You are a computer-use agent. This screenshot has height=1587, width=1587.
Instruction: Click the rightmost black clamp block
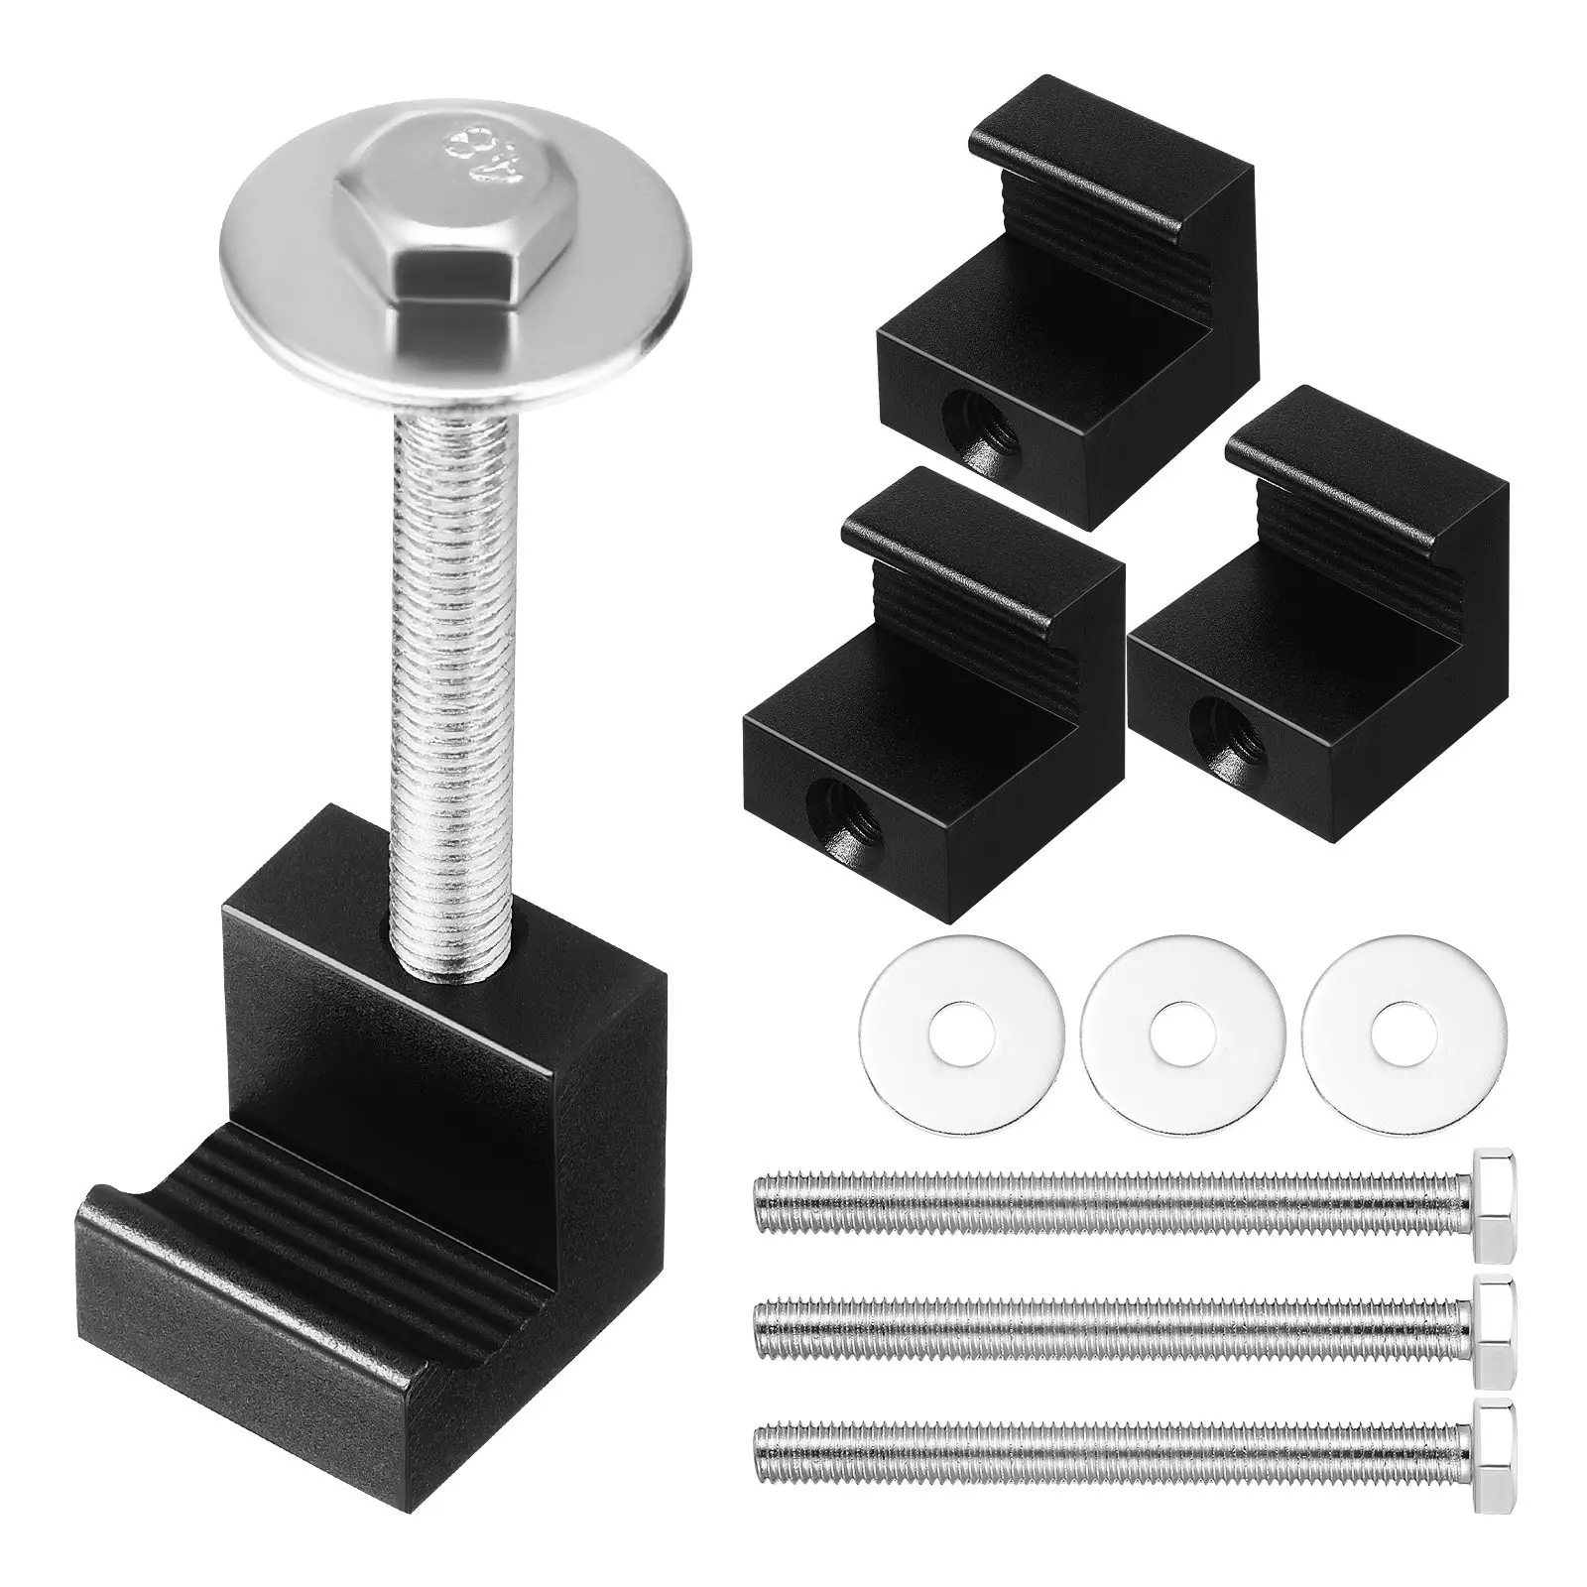(x=1319, y=645)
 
